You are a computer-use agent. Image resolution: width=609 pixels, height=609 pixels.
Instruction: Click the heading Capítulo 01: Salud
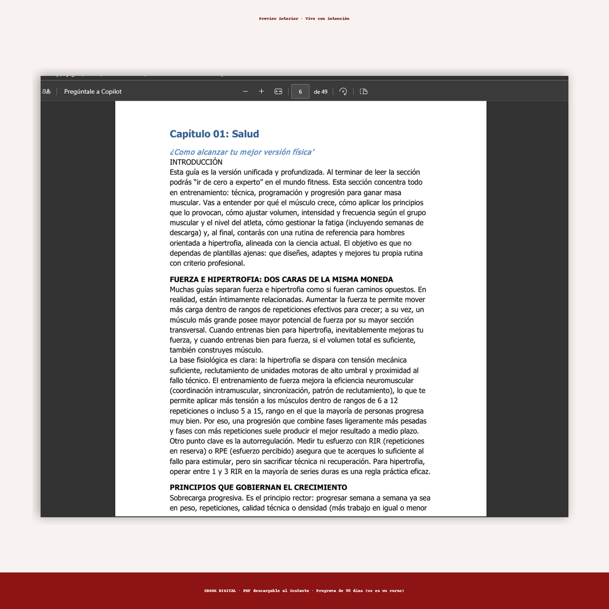[214, 134]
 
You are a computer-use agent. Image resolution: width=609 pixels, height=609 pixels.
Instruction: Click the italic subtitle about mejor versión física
[242, 152]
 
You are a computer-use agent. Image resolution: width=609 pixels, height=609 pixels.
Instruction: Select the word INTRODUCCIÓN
[196, 162]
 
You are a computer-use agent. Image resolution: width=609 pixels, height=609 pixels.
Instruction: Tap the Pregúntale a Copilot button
[93, 91]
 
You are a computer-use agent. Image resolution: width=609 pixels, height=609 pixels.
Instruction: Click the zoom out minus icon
[245, 91]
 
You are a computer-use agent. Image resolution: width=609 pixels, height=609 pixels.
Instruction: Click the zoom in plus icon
[261, 91]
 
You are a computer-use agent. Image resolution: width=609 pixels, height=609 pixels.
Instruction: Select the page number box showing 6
[300, 91]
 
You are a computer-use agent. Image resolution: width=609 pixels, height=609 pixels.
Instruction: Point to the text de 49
[321, 91]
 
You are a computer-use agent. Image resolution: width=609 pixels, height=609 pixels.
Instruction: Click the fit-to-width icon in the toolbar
[278, 91]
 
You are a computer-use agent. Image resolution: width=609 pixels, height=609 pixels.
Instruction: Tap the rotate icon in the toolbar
[343, 91]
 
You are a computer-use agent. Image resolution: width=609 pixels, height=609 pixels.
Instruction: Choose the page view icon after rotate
[364, 91]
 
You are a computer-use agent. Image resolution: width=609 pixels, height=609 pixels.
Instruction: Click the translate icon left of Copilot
[46, 91]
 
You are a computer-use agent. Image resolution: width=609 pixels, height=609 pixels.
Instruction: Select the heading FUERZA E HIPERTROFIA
[281, 279]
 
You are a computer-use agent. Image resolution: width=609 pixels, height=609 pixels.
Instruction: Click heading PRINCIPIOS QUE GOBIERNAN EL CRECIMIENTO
[258, 488]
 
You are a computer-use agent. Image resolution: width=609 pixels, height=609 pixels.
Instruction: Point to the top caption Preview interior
[279, 19]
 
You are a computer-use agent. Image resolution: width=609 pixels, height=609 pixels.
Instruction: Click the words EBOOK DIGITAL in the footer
[220, 591]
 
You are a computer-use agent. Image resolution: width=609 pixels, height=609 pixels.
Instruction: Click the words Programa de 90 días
[339, 591]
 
